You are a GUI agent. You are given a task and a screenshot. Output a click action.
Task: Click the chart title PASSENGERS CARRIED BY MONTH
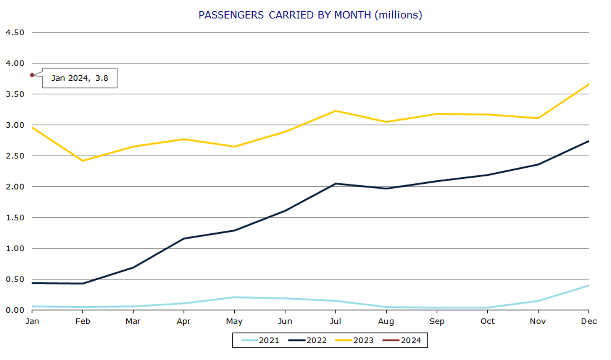pos(310,15)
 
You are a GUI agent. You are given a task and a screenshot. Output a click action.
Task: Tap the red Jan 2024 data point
pos(32,75)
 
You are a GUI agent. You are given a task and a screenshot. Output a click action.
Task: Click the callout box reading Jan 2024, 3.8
pos(79,78)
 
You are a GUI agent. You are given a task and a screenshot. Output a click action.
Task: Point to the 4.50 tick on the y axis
pos(14,32)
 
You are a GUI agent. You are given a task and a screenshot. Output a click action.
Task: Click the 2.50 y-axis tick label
pos(14,156)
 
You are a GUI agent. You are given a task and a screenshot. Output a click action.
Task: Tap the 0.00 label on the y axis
pos(14,310)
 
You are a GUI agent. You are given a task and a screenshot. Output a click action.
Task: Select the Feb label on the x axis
pos(83,321)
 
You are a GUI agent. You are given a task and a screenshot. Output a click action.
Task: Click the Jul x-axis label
pos(335,321)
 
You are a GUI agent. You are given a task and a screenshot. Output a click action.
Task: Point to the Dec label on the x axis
pos(588,321)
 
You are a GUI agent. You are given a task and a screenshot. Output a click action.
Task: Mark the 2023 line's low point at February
pos(83,161)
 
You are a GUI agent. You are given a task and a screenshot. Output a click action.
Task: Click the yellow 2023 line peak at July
pos(335,111)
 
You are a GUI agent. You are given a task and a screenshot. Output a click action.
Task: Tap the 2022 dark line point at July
pos(335,184)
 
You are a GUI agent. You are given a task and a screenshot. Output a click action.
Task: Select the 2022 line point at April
pos(184,238)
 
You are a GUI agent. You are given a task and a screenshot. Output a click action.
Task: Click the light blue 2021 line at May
pos(234,297)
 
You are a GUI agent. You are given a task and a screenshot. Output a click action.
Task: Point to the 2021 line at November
pos(538,300)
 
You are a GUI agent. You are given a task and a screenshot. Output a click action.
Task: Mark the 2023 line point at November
pos(538,118)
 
